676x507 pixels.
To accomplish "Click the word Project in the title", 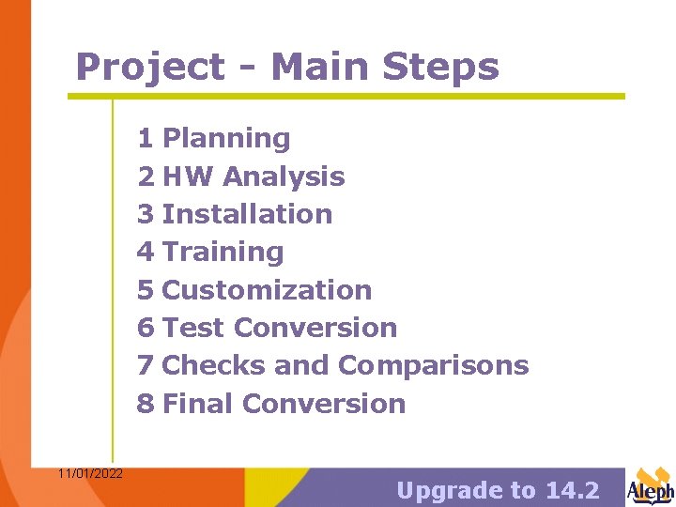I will [x=150, y=68].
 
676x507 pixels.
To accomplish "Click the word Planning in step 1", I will [x=226, y=139].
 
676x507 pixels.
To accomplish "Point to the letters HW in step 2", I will [x=188, y=177].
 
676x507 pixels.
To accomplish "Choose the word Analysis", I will [x=284, y=177].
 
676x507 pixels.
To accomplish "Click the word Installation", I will [x=247, y=214].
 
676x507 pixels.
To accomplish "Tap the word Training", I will [x=223, y=252].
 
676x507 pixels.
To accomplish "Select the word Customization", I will [x=267, y=290].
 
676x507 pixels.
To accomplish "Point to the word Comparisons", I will [x=433, y=365].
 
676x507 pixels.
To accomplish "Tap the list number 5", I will [x=145, y=290].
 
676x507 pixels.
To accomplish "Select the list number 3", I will [x=145, y=214].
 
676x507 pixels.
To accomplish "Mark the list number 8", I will [x=145, y=404].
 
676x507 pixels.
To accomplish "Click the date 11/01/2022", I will [x=89, y=473].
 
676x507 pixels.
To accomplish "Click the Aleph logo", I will [x=650, y=486].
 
